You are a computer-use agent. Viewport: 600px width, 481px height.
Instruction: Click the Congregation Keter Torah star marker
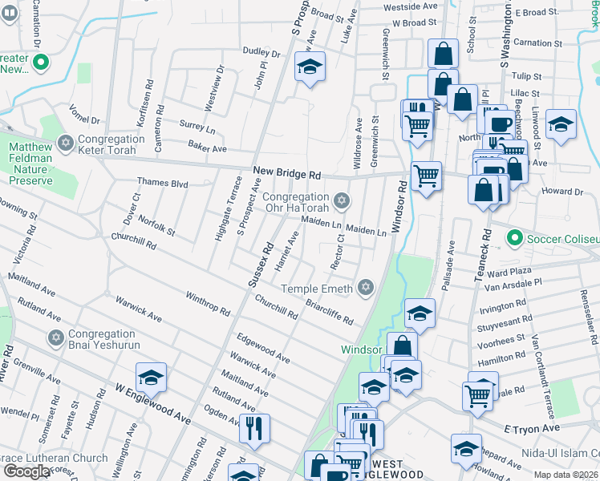point(65,144)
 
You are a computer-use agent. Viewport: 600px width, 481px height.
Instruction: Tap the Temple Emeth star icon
point(366,288)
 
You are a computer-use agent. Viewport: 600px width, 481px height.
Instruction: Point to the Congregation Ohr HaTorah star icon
point(342,199)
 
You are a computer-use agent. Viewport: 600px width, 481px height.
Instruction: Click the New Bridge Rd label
point(286,172)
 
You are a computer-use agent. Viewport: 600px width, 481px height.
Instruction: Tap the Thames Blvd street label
point(162,184)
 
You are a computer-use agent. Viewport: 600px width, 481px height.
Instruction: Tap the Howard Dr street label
point(561,192)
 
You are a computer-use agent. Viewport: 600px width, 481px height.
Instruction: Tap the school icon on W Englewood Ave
point(150,376)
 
